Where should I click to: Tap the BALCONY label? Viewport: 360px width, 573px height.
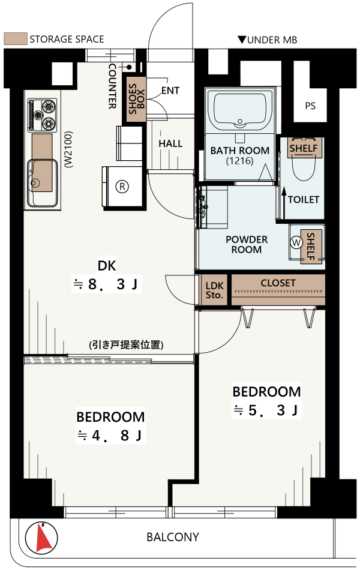point(173,537)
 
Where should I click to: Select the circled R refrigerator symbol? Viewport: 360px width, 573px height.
point(122,187)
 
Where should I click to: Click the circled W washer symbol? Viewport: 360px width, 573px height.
point(296,242)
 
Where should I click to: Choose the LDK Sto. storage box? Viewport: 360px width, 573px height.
point(215,290)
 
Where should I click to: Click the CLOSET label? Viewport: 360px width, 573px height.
point(278,283)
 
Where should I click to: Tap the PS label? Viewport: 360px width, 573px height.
point(310,106)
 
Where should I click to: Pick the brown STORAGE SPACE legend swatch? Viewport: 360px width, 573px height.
point(16,39)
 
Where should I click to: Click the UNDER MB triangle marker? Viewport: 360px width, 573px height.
point(242,39)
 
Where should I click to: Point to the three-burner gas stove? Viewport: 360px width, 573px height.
point(43,115)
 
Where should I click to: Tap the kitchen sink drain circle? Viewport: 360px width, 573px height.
point(35,182)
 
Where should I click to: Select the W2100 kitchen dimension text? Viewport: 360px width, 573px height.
point(68,149)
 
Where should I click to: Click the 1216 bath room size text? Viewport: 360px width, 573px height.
point(240,160)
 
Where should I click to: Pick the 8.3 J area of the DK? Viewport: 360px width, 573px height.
point(106,284)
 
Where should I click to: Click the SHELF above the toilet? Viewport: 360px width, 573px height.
point(304,148)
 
